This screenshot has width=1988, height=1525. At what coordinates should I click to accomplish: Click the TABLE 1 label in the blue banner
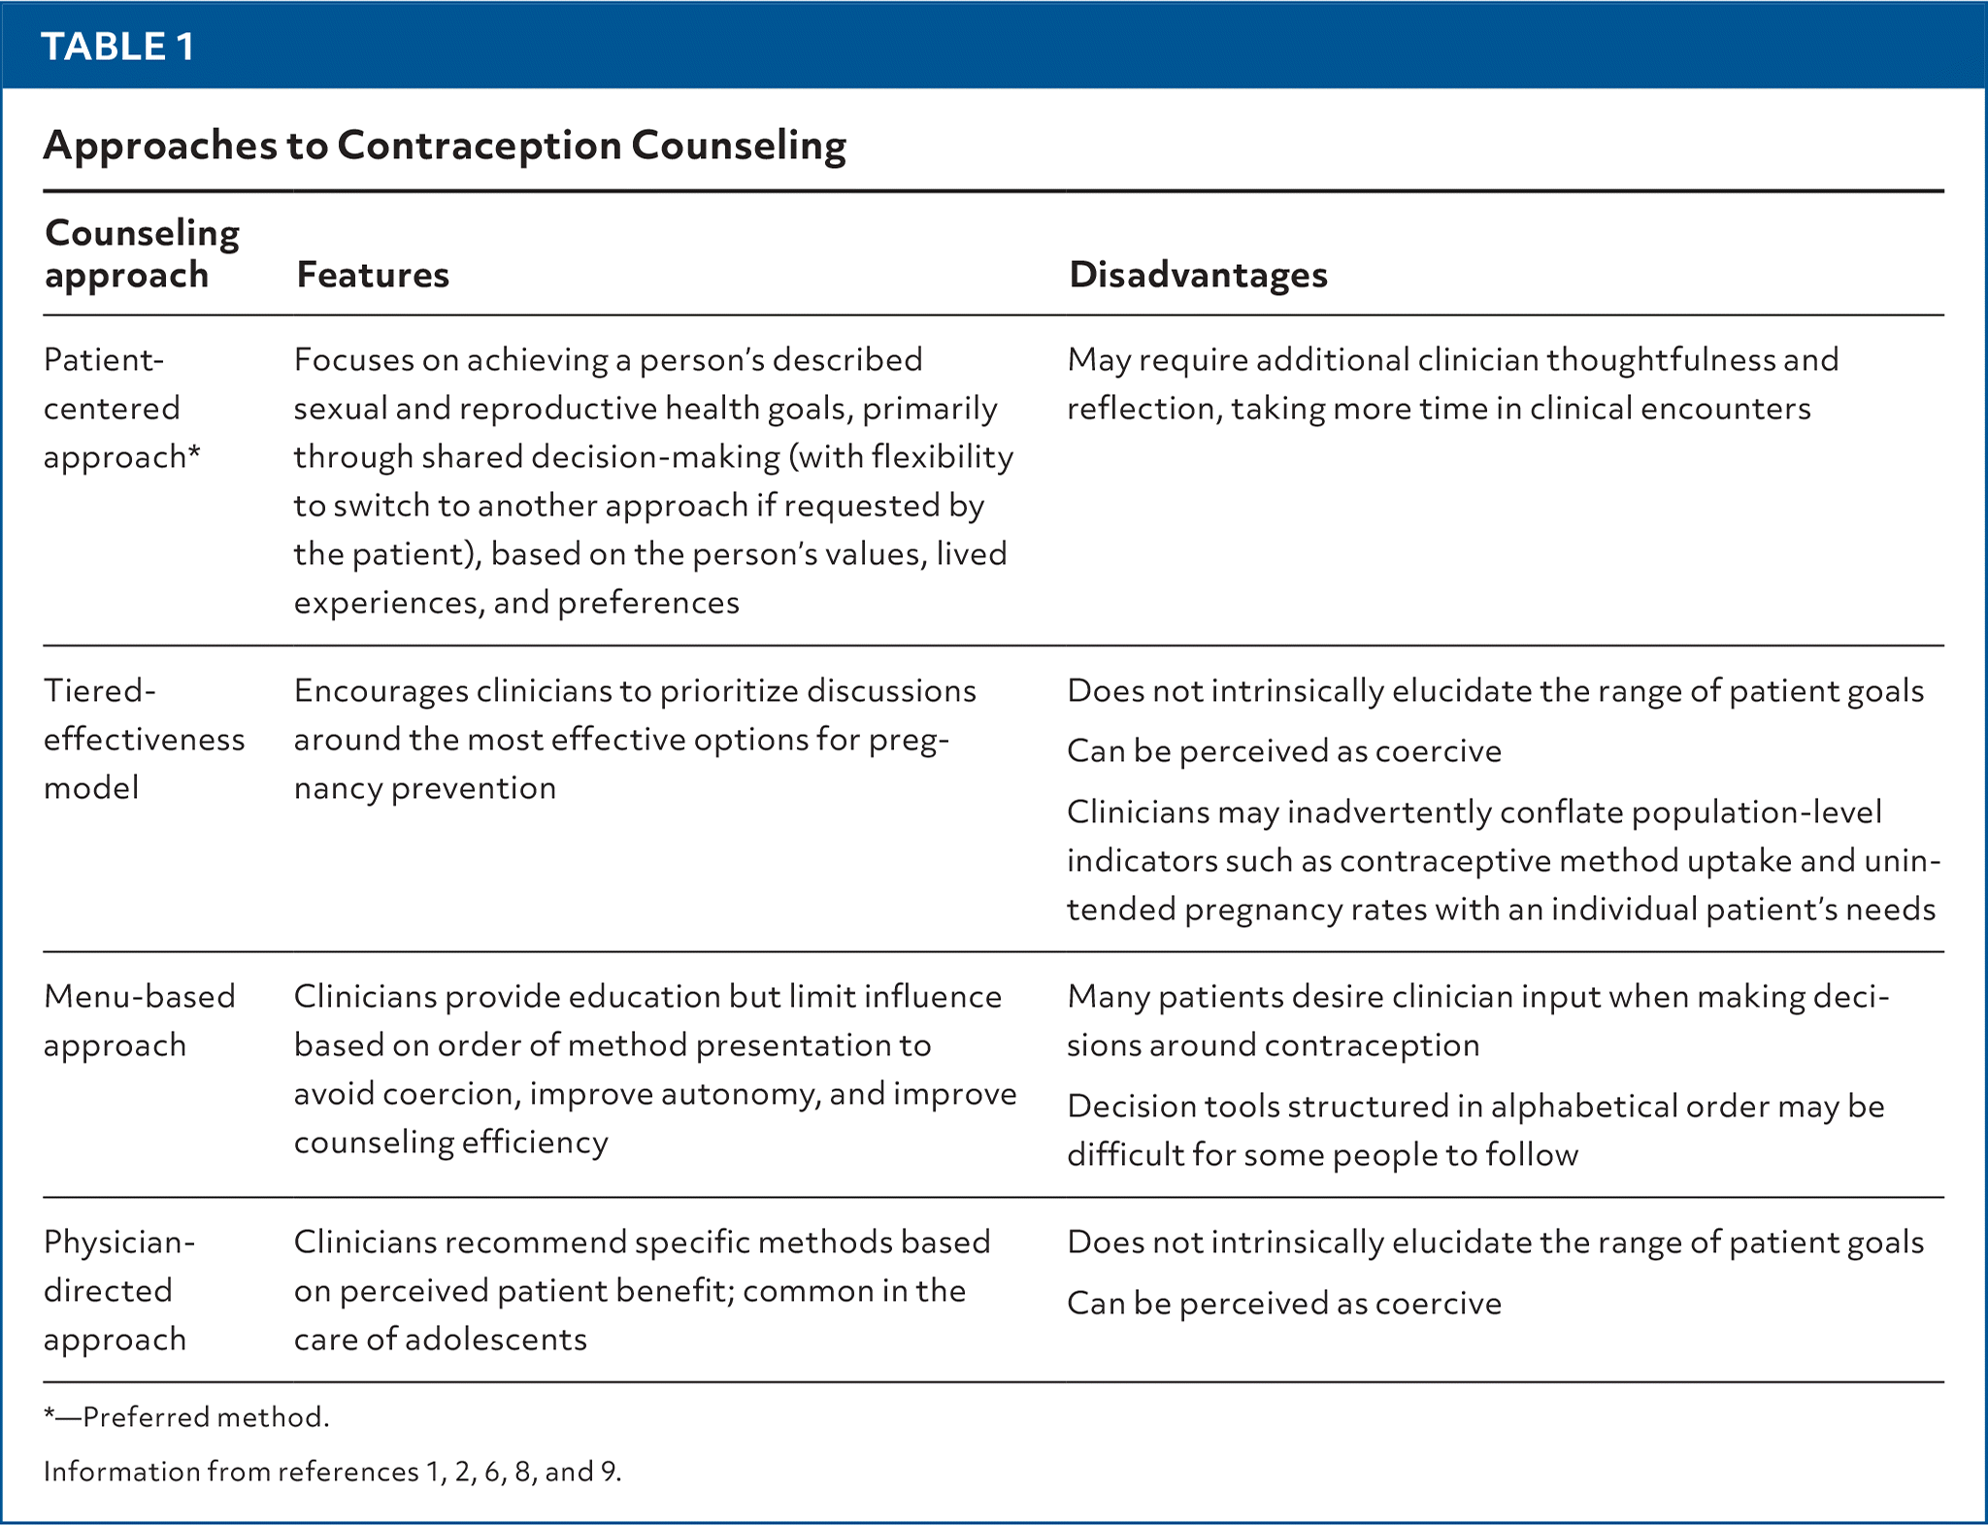pyautogui.click(x=117, y=47)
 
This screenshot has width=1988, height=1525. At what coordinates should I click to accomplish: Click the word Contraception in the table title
pyautogui.click(x=480, y=146)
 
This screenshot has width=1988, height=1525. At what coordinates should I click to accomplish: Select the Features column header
pyautogui.click(x=373, y=275)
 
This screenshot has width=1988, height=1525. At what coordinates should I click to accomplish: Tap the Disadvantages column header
pyautogui.click(x=1198, y=275)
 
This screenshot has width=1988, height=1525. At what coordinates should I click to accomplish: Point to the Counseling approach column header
pyautogui.click(x=142, y=253)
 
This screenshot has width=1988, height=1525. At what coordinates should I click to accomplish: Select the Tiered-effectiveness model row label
pyautogui.click(x=144, y=739)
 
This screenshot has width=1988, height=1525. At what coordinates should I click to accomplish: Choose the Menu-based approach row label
pyautogui.click(x=139, y=1020)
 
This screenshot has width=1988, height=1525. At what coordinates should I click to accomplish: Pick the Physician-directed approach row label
pyautogui.click(x=118, y=1290)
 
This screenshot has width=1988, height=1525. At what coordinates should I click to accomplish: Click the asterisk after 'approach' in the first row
pyautogui.click(x=194, y=453)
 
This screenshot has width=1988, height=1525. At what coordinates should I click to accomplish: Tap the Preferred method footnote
pyautogui.click(x=186, y=1417)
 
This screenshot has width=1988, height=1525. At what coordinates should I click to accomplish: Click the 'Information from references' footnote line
pyautogui.click(x=332, y=1472)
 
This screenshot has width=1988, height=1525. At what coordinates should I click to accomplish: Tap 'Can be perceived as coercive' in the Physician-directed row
pyautogui.click(x=1283, y=1303)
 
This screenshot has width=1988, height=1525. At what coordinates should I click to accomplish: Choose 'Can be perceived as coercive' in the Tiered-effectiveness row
pyautogui.click(x=1283, y=751)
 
